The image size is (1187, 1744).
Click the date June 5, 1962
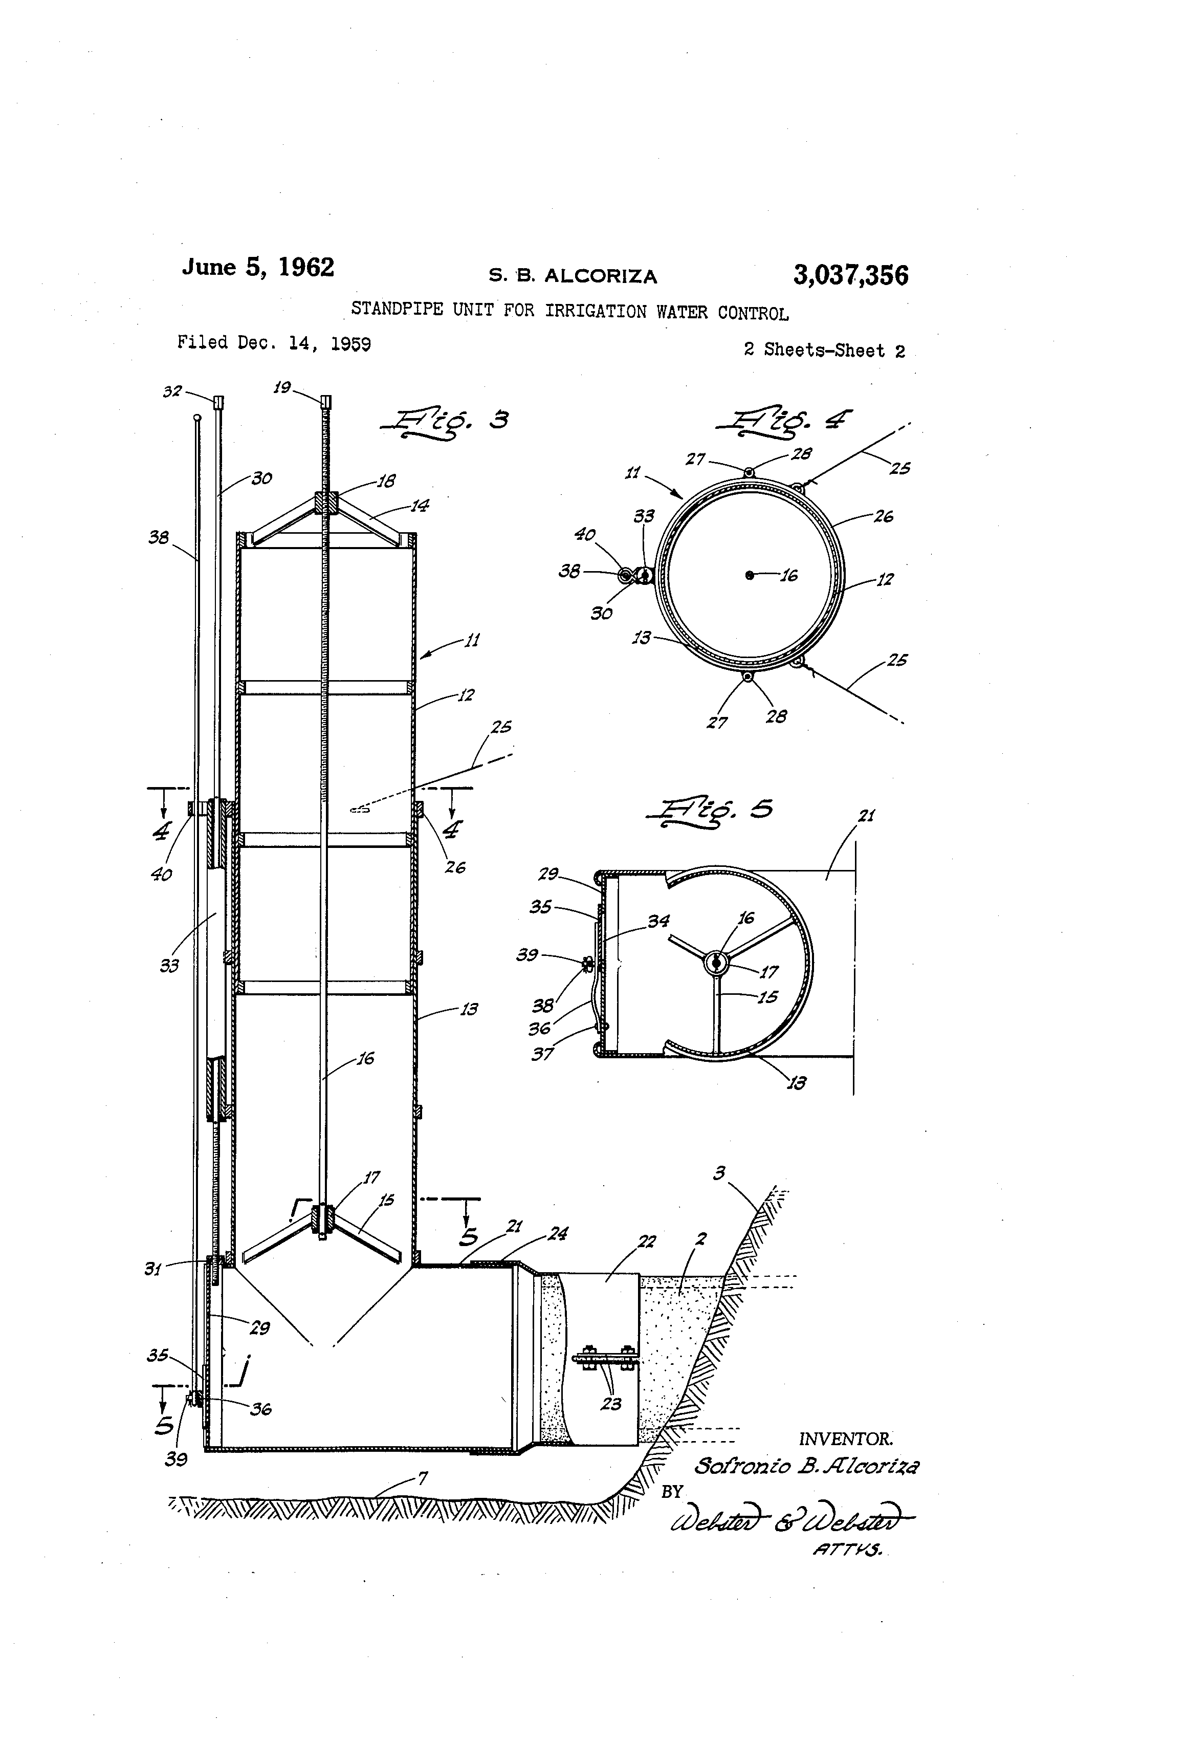point(257,268)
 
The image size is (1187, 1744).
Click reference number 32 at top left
point(172,391)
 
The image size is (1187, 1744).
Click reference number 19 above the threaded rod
point(281,388)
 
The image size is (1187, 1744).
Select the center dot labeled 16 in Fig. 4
point(749,575)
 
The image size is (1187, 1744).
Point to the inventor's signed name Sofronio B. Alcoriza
point(806,1466)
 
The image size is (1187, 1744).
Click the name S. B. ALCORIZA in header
point(573,276)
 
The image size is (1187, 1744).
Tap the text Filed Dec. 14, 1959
point(274,343)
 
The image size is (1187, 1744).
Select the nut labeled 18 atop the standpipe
point(327,502)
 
